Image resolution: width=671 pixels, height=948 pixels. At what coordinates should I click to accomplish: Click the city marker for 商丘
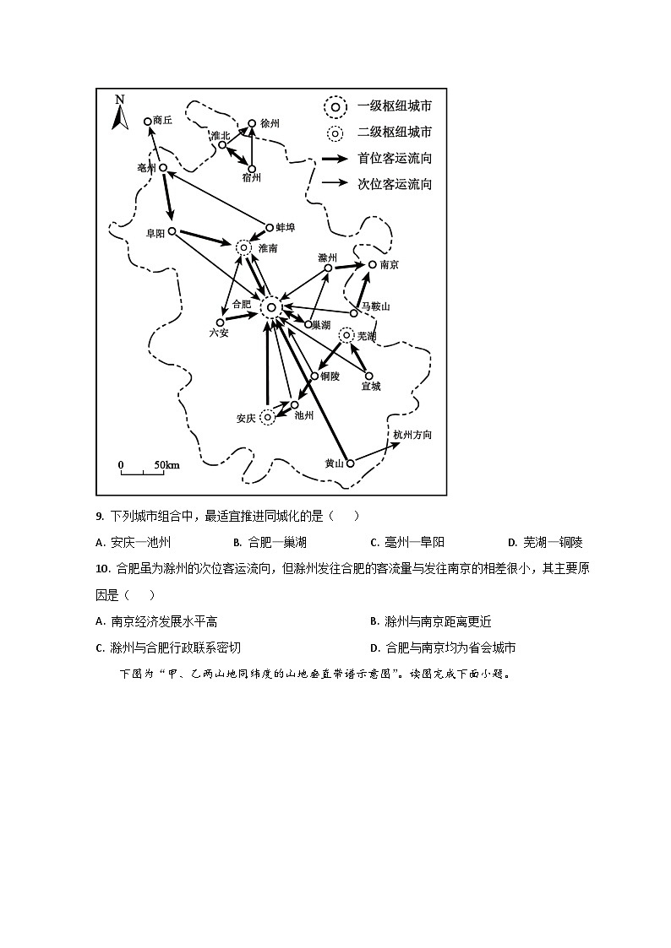tap(148, 122)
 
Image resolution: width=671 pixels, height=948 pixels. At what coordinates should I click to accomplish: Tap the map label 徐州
tap(270, 123)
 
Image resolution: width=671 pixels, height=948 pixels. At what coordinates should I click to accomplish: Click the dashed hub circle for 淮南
tap(243, 246)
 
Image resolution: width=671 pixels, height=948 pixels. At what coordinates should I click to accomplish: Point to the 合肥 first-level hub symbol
tap(270, 307)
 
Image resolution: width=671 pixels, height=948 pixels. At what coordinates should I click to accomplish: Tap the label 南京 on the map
tap(389, 265)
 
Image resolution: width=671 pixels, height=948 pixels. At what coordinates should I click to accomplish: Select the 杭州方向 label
tap(412, 435)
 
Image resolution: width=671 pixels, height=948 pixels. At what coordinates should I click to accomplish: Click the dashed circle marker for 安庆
tap(268, 416)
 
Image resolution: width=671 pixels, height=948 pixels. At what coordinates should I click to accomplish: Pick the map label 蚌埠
tap(285, 227)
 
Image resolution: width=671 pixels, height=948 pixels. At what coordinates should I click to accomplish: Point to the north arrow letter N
tap(120, 100)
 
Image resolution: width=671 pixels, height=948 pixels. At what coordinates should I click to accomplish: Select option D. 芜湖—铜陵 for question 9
tap(545, 543)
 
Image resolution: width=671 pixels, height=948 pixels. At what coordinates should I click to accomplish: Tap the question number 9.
tap(100, 517)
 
